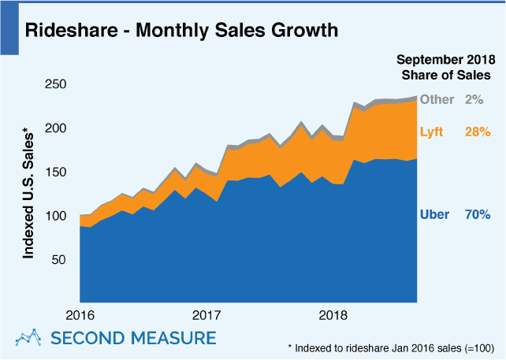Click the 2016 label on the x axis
(80, 315)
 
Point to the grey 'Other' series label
(437, 99)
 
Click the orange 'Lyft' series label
(432, 132)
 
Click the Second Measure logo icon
(29, 338)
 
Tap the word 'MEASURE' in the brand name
(174, 338)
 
